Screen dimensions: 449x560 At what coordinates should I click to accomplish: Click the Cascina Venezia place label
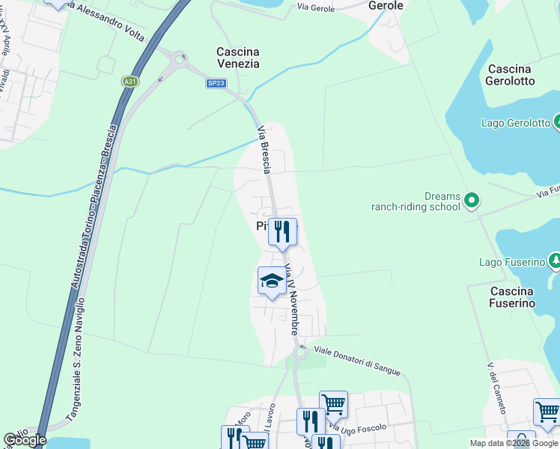pos(237,58)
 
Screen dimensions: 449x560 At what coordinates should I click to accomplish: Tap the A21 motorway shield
pos(131,82)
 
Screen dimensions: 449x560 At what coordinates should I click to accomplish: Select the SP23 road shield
pos(216,83)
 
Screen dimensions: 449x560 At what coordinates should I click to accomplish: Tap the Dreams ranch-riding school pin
pos(471,200)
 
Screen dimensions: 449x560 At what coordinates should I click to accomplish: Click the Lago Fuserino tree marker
pos(555,261)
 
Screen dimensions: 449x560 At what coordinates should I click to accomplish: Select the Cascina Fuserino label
pos(513,297)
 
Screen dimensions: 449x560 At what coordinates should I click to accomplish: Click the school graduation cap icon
pos(271,281)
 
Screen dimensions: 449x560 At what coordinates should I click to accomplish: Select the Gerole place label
pos(386,6)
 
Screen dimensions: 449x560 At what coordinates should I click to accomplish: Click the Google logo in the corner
pos(25,440)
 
